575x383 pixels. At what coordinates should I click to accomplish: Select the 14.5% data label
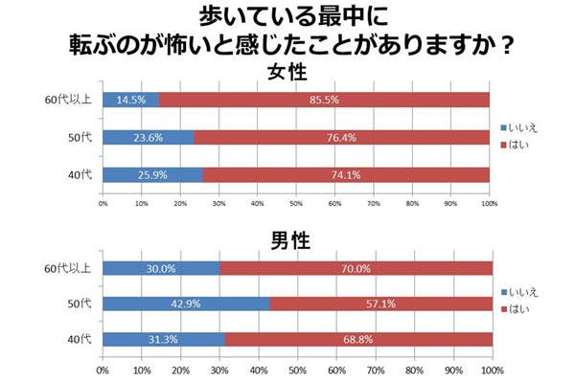[x=130, y=100]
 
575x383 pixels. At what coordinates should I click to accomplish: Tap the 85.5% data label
[x=324, y=100]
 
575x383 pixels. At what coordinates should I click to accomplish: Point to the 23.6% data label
[x=147, y=137]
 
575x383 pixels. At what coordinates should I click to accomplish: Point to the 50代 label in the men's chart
[x=78, y=304]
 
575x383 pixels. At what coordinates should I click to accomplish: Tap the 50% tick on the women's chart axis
[x=296, y=202]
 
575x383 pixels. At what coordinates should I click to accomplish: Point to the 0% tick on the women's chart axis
[x=103, y=202]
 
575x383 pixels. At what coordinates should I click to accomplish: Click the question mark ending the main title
[x=506, y=44]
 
